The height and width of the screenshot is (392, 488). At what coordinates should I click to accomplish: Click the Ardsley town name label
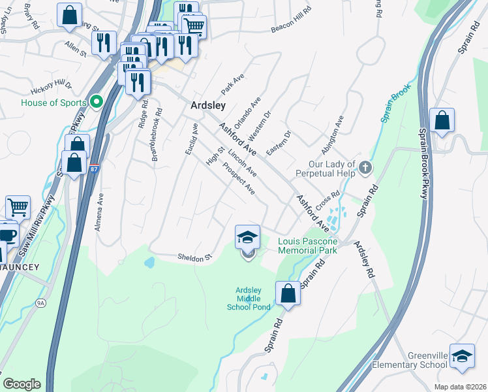coord(208,105)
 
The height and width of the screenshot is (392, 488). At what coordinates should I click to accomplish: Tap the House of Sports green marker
coord(97,102)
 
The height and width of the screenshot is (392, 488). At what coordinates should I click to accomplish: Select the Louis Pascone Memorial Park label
coord(307,245)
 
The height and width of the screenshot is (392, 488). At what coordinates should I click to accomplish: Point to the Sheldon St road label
coord(196,257)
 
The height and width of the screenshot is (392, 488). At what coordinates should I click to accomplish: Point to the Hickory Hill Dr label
coord(51,87)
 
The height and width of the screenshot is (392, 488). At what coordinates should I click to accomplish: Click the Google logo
coord(22,384)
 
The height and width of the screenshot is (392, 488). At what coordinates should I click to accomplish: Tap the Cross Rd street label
coord(328,201)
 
